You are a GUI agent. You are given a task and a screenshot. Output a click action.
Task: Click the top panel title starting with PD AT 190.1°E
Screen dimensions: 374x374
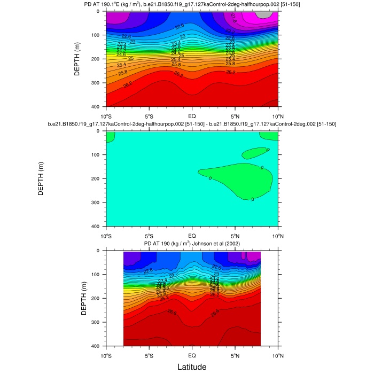(x=192, y=4)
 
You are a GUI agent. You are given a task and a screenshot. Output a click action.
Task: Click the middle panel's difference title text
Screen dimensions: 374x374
(x=192, y=124)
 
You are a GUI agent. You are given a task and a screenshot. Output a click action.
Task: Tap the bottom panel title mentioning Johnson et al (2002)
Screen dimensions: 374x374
(x=192, y=244)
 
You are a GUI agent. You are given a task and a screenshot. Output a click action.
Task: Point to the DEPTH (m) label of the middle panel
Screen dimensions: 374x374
(x=41, y=178)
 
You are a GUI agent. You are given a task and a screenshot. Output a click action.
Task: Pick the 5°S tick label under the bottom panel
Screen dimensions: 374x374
(x=149, y=355)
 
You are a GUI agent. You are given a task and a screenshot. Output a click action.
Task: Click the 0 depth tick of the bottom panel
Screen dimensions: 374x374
(x=100, y=251)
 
